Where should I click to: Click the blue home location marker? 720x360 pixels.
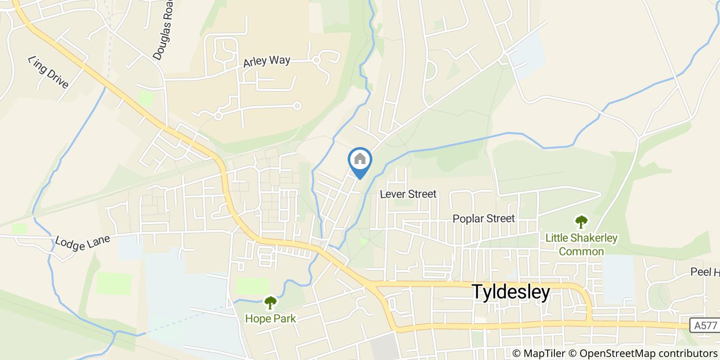click(360, 160)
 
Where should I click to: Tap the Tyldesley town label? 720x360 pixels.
click(511, 292)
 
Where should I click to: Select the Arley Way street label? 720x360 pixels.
click(267, 61)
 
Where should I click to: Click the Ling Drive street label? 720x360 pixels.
click(48, 71)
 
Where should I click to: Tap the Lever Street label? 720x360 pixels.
click(408, 194)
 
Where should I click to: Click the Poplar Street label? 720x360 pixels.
click(483, 219)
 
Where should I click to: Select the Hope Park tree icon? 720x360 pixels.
click(270, 302)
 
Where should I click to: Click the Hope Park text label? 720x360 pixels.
click(270, 318)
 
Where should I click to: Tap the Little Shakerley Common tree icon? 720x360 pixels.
click(581, 222)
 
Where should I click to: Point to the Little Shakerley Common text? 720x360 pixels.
click(581, 245)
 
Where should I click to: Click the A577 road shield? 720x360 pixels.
click(704, 325)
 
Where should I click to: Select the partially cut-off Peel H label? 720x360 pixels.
click(704, 272)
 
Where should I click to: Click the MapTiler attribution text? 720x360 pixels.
click(538, 353)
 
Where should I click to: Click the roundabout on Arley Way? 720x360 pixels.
click(317, 61)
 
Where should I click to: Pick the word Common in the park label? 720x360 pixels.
click(581, 251)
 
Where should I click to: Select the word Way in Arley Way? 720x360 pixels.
click(280, 60)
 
